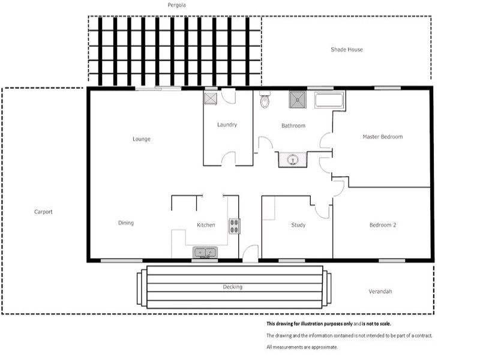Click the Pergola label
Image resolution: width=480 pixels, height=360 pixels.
coord(177,5)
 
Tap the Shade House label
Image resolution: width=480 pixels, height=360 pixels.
coord(347,50)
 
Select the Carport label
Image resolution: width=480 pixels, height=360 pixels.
coord(43,212)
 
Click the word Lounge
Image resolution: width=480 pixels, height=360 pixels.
coord(141,139)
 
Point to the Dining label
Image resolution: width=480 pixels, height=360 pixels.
coord(126,223)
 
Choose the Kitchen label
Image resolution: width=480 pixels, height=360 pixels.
coord(206,225)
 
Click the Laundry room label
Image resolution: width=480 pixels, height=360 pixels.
coord(227,125)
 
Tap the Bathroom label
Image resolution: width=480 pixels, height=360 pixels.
coord(293,126)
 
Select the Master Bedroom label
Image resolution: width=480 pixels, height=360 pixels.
coord(382,137)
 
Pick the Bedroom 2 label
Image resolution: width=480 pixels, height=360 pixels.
coord(382,225)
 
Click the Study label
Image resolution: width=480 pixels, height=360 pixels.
coord(298,225)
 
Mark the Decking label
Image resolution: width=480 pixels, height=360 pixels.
coord(232,287)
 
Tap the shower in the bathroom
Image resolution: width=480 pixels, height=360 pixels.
coord(298,99)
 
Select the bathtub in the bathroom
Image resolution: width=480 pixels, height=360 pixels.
coord(329,100)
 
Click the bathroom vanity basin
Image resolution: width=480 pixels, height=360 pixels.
coord(293,160)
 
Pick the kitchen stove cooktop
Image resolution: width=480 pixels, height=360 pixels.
coord(233,226)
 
